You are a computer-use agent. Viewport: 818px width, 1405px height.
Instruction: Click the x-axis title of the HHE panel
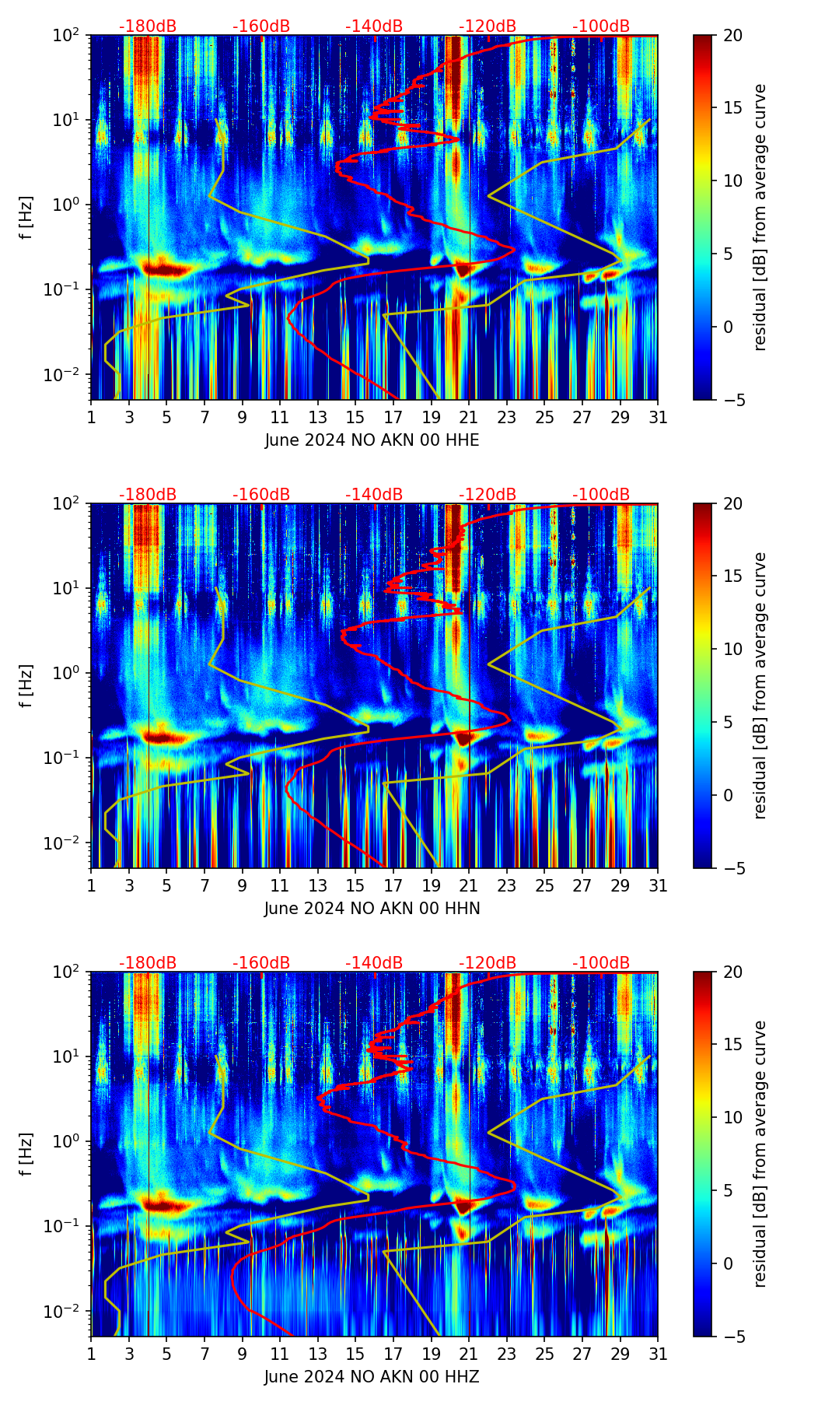click(372, 440)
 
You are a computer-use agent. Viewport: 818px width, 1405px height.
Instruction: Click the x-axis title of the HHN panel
click(372, 909)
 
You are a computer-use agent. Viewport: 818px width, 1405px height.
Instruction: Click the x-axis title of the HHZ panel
click(372, 1377)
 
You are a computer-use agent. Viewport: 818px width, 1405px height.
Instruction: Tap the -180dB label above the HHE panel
click(148, 26)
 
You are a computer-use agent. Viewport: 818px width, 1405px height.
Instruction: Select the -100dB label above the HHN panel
click(601, 495)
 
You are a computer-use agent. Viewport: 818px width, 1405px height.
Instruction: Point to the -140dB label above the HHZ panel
click(374, 963)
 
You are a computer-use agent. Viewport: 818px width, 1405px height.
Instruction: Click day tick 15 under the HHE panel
click(355, 417)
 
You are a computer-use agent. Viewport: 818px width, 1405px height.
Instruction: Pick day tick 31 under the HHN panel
click(658, 885)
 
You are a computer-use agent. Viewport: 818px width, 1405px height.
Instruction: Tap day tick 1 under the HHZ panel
click(91, 1354)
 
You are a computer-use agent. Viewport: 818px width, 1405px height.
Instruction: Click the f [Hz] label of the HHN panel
click(26, 685)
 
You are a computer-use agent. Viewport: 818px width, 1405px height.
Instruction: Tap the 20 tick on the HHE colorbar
click(732, 36)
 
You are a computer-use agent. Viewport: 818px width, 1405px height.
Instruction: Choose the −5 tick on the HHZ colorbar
click(732, 1337)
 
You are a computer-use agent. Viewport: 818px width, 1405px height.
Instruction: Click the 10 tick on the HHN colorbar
click(732, 649)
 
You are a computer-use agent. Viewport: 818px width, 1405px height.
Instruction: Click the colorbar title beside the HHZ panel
click(760, 1154)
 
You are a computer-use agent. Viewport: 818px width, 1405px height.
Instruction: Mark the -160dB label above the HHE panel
click(261, 26)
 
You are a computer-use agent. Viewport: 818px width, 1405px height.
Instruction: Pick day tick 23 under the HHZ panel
click(507, 1354)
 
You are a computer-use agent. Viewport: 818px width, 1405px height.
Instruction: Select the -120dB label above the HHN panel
click(488, 495)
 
